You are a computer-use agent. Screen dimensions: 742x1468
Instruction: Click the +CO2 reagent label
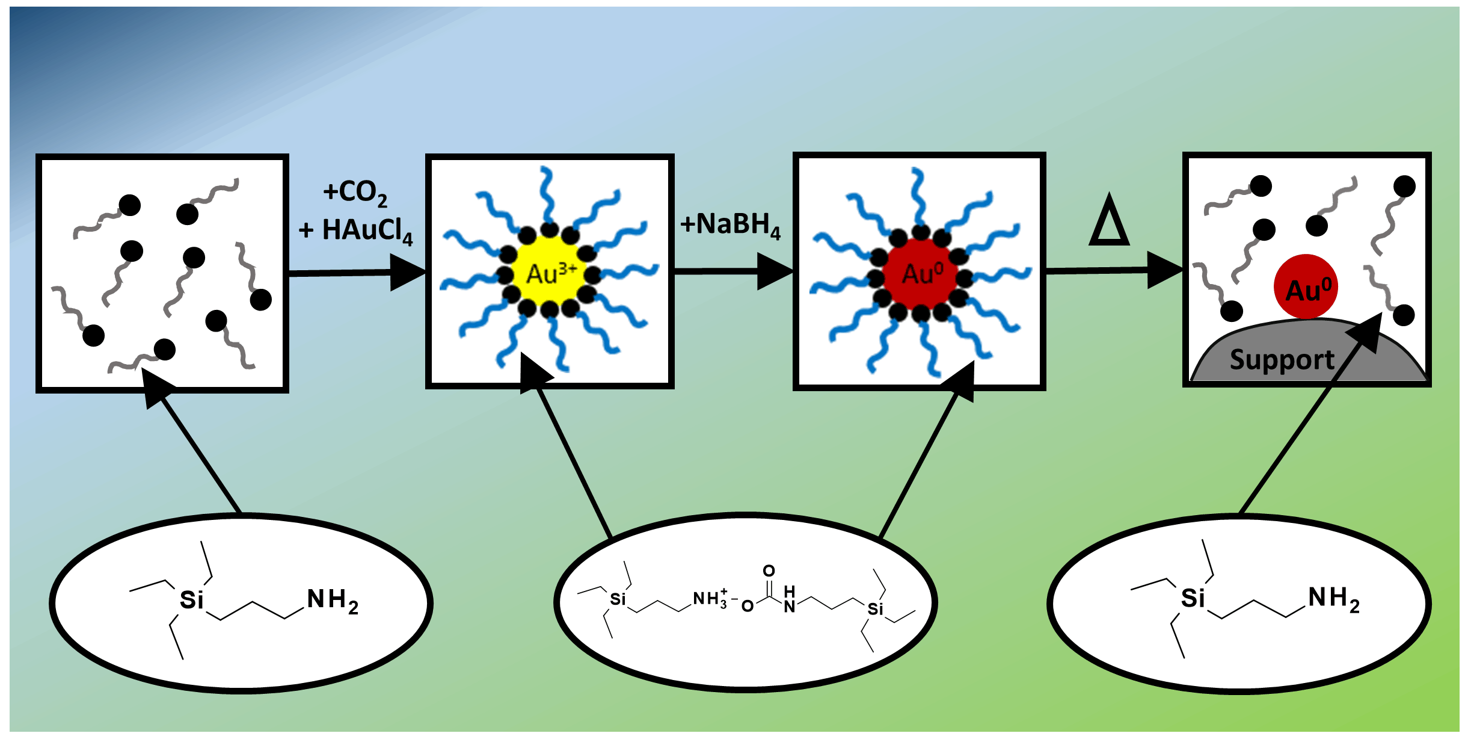tap(355, 193)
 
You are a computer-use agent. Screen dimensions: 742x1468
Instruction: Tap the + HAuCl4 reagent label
tap(356, 230)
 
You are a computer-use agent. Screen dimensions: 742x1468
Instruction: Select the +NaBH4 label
tap(730, 225)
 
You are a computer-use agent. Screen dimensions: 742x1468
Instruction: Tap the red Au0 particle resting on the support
tap(1306, 287)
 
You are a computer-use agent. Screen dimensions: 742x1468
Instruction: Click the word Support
tap(1282, 360)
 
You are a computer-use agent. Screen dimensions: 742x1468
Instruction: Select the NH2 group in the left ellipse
tap(333, 601)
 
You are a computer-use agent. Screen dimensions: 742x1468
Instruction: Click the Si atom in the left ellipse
tap(192, 600)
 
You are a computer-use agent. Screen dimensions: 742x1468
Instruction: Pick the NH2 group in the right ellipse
tap(1334, 599)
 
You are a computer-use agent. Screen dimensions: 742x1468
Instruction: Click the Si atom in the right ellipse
tap(1193, 598)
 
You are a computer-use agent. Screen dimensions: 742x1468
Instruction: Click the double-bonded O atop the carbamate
tap(769, 570)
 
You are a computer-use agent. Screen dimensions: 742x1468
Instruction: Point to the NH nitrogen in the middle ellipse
tap(790, 606)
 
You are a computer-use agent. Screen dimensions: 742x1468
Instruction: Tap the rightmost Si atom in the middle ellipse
tap(876, 608)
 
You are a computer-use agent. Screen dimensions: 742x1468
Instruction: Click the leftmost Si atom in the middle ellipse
tap(618, 599)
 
